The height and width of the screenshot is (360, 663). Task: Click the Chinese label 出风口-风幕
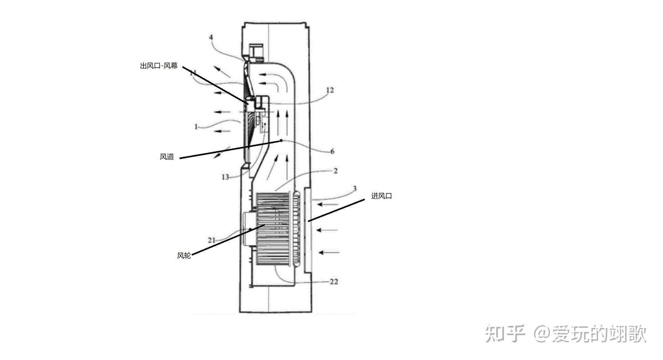click(x=159, y=66)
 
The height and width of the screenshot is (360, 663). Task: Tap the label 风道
click(x=167, y=157)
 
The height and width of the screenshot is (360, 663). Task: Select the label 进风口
click(x=381, y=196)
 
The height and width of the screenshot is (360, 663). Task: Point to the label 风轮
click(x=184, y=256)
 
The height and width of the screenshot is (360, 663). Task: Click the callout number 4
click(x=211, y=37)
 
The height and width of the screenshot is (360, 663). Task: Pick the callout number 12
click(x=330, y=90)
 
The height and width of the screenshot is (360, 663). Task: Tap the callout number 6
click(x=332, y=151)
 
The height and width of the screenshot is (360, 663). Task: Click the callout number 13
click(x=225, y=177)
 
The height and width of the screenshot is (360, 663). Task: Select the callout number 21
click(x=212, y=240)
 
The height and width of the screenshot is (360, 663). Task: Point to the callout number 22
click(x=334, y=282)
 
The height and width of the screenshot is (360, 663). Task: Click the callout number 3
click(x=355, y=188)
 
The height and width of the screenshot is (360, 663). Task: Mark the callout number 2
click(x=335, y=171)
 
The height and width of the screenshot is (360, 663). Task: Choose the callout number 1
click(x=196, y=127)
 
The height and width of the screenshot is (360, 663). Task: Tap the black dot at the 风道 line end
click(x=281, y=141)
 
